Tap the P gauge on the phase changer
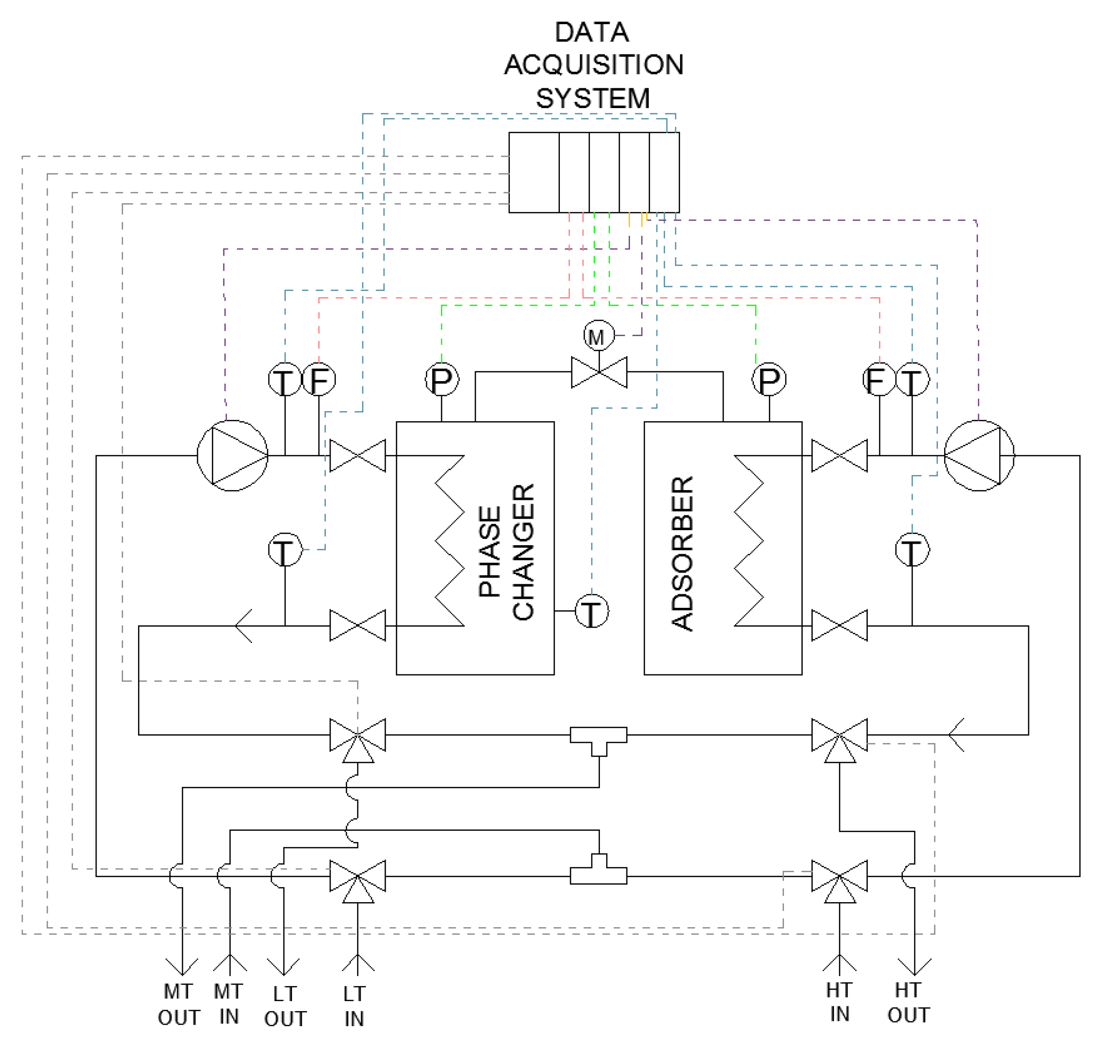coord(442,380)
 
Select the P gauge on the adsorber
coord(769,380)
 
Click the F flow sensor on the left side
coord(319,380)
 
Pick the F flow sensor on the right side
coord(879,380)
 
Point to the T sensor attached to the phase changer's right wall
coord(591,611)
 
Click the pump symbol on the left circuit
coord(232,456)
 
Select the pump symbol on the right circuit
coord(979,456)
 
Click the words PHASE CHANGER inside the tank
coord(507,551)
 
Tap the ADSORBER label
coord(682,554)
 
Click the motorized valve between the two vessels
coord(599,372)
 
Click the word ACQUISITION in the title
coord(593,65)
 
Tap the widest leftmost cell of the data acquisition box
coord(533,173)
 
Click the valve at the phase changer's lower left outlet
coord(357,626)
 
